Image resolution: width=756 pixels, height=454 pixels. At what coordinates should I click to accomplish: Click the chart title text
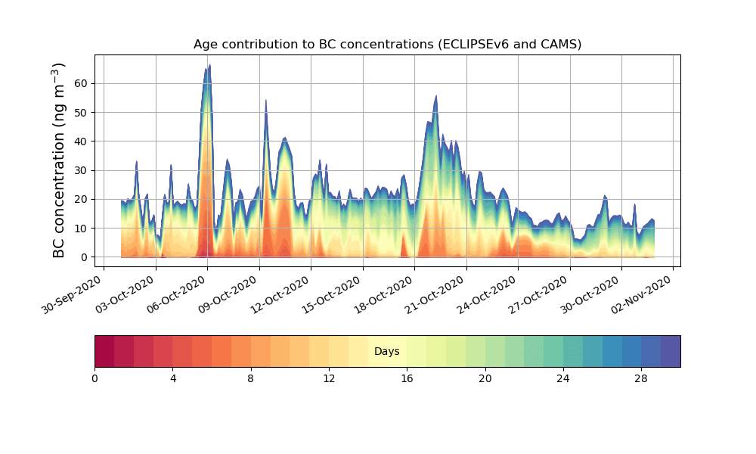(x=387, y=44)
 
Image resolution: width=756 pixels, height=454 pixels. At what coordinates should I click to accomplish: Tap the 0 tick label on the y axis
(x=82, y=257)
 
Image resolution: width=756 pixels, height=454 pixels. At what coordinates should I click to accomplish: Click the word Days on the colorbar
(x=387, y=352)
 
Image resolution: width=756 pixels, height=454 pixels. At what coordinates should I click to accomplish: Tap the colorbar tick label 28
(x=641, y=378)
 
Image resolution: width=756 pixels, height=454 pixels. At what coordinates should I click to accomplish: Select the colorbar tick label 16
(x=407, y=378)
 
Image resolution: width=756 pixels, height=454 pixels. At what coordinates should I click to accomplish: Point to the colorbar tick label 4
(x=172, y=378)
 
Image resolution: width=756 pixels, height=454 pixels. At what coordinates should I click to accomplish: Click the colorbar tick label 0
(x=94, y=378)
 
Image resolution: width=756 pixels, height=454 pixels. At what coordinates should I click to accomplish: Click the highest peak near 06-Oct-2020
(x=209, y=65)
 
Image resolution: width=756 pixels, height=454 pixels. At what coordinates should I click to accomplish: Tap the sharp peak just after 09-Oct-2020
(x=266, y=100)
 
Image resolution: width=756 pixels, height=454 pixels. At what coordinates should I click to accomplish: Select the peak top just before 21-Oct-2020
(x=436, y=96)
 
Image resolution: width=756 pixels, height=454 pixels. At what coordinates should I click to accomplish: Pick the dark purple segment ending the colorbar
(x=671, y=351)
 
